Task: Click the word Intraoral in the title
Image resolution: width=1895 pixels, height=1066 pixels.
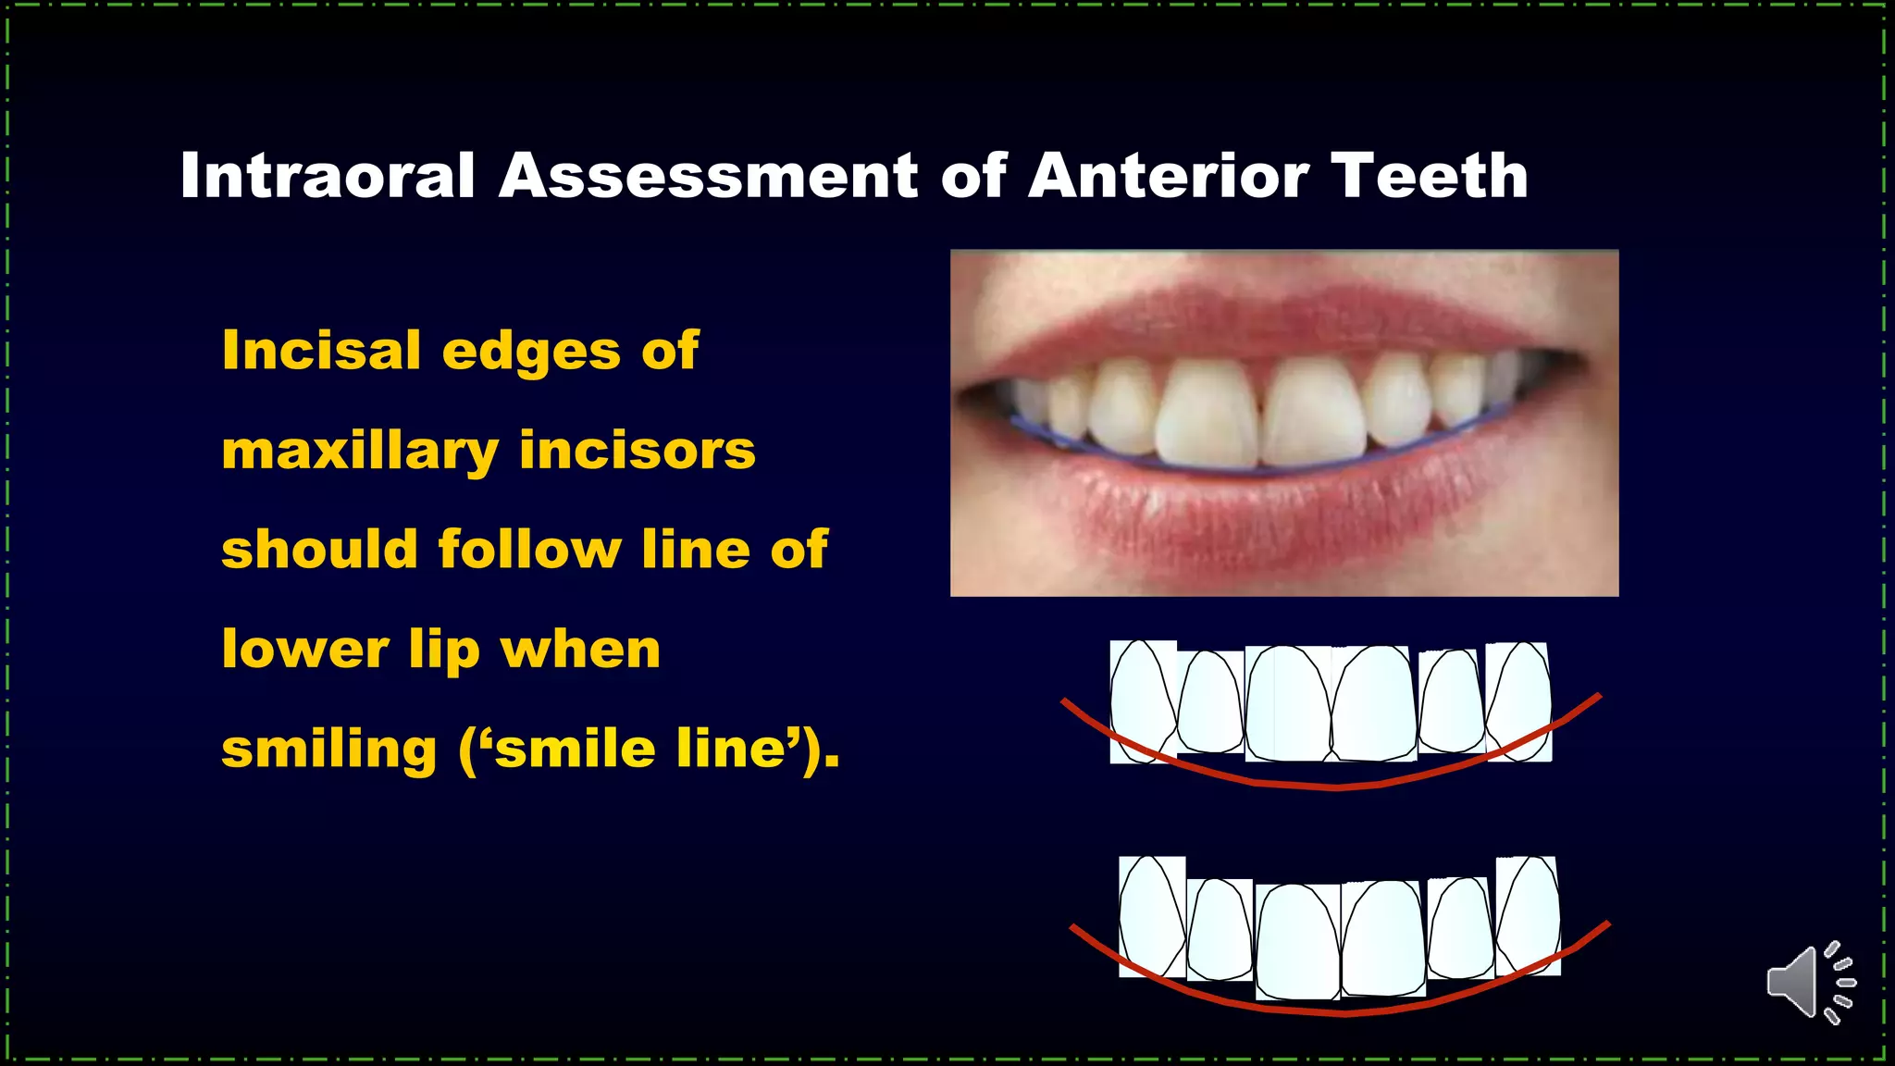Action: pyautogui.click(x=328, y=175)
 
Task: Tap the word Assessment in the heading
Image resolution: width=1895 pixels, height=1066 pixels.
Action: pyautogui.click(x=708, y=175)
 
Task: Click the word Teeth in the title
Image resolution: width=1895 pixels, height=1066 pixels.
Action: pyautogui.click(x=1429, y=175)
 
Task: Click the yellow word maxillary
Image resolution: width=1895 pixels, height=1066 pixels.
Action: pyautogui.click(x=359, y=452)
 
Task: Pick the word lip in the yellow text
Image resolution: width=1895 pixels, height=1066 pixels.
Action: pyautogui.click(x=444, y=650)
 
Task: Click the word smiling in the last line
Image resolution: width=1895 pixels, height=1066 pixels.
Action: pyautogui.click(x=328, y=749)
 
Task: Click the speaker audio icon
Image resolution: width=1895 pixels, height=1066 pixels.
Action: pyautogui.click(x=1809, y=983)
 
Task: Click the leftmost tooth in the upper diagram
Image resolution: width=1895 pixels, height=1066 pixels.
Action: pyautogui.click(x=1143, y=701)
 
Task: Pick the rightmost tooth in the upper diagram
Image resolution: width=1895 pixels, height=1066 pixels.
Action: pyautogui.click(x=1518, y=701)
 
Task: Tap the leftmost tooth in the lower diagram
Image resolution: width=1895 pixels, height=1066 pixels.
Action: pyautogui.click(x=1152, y=916)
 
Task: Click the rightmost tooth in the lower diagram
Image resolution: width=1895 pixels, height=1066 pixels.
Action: pyautogui.click(x=1528, y=916)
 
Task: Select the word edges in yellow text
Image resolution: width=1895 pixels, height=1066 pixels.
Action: pyautogui.click(x=530, y=352)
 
